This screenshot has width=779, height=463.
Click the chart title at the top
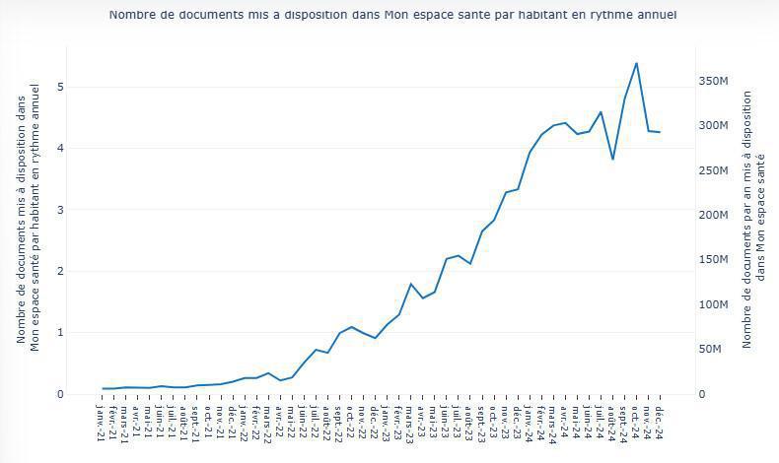click(x=392, y=15)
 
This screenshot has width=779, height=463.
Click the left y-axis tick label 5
click(x=60, y=87)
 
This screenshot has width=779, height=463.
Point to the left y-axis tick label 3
click(x=60, y=210)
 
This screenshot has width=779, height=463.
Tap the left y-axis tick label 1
click(x=60, y=333)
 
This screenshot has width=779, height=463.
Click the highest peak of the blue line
click(x=636, y=63)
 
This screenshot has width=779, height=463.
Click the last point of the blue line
click(x=660, y=132)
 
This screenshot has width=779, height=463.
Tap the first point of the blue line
click(x=103, y=388)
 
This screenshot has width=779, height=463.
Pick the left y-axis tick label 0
click(x=60, y=394)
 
